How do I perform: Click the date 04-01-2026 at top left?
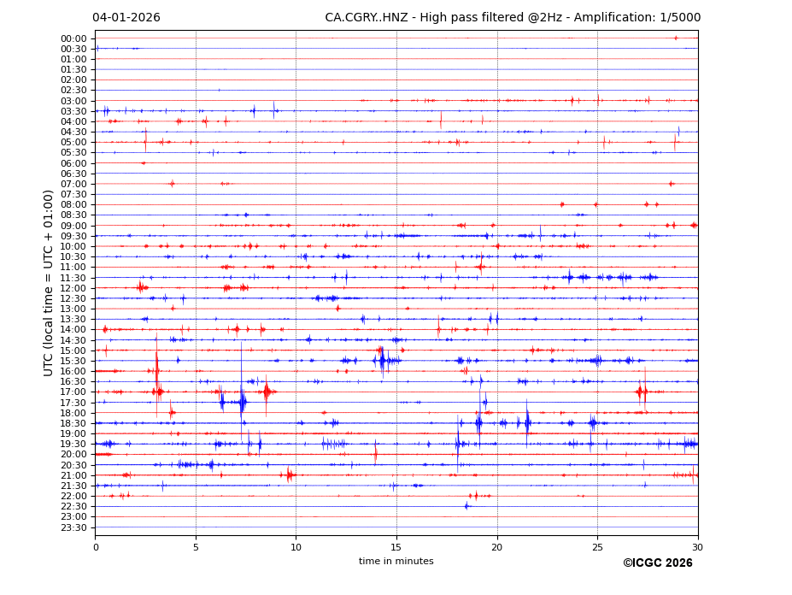(126, 17)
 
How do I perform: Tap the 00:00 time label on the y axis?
(73, 38)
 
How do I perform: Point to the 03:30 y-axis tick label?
(73, 111)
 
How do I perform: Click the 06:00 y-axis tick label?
(73, 163)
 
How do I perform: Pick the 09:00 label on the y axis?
(73, 226)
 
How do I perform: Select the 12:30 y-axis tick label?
(73, 298)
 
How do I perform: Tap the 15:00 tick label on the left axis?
(73, 351)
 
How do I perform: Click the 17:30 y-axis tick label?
(73, 403)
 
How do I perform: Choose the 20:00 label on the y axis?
(73, 455)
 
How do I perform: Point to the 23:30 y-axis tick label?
(73, 527)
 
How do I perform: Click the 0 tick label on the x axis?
(95, 547)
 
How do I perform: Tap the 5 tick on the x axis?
(196, 547)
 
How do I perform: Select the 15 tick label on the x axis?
(396, 547)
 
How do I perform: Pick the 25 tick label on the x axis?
(597, 547)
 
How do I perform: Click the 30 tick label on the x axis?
(698, 547)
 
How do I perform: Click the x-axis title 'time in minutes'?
(396, 561)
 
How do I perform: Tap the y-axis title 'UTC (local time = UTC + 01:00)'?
(50, 283)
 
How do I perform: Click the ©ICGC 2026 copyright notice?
(657, 563)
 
